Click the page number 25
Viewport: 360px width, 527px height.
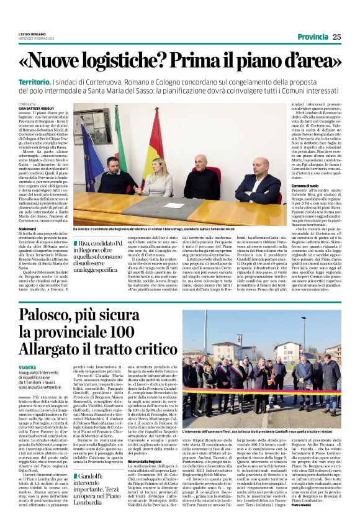coord(337,36)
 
